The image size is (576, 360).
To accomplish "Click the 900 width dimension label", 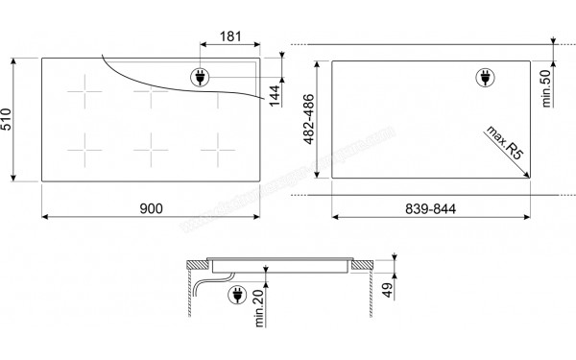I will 152,207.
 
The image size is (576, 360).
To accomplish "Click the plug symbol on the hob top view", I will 201,78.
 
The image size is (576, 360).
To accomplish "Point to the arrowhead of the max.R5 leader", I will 531,175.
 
